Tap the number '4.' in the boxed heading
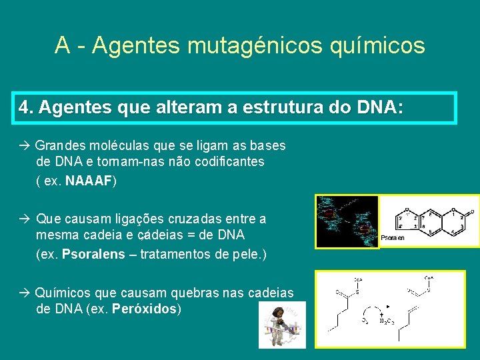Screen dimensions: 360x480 point(26,107)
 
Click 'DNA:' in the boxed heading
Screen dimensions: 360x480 point(380,107)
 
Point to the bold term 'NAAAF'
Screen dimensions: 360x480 point(89,181)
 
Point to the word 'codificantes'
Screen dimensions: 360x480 point(227,161)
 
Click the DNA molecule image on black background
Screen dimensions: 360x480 point(347,222)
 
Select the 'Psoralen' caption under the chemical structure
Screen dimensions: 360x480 point(392,238)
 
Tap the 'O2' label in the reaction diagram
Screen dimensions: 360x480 point(364,321)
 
